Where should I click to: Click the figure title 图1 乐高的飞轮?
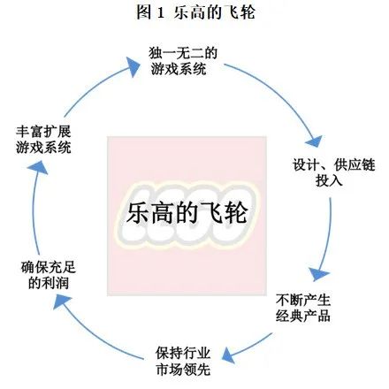tap(194, 13)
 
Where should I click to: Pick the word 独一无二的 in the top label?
tap(185, 53)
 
